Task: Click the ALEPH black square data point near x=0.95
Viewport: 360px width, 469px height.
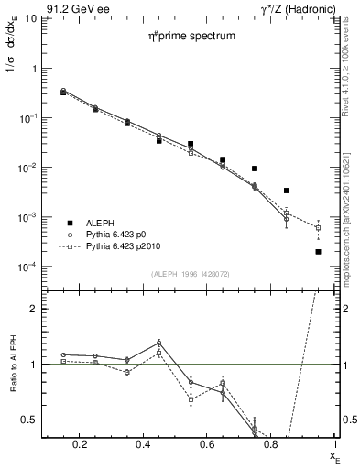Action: click(318, 251)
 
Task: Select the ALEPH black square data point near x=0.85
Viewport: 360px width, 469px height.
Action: click(287, 191)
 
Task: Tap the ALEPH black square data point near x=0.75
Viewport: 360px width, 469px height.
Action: click(255, 169)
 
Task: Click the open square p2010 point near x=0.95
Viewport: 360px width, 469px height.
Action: click(318, 227)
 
